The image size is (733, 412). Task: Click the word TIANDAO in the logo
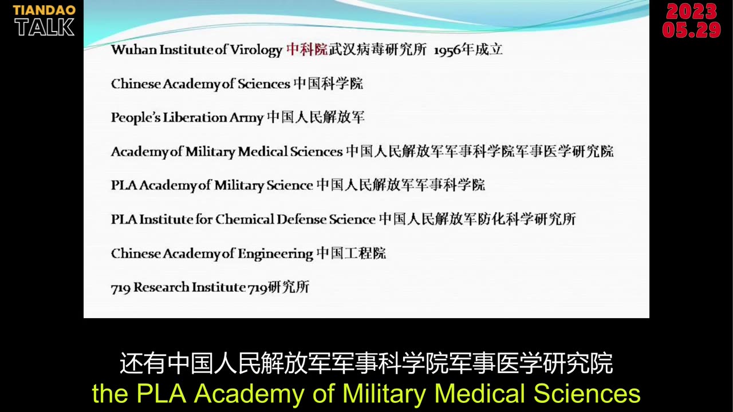tap(44, 10)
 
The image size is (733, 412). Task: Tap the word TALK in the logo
tap(45, 27)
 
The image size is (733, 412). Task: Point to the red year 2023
tap(691, 11)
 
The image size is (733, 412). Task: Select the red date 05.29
tap(691, 30)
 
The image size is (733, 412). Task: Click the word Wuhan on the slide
tap(134, 50)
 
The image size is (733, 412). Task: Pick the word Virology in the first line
tap(256, 50)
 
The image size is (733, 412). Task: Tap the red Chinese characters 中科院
tap(307, 50)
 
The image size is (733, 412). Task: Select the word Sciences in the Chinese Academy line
tap(264, 84)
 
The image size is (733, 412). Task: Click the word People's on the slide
tap(136, 118)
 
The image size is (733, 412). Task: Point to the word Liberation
tap(195, 117)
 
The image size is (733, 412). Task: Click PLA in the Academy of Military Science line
tap(124, 185)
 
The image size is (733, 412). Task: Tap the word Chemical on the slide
tap(245, 219)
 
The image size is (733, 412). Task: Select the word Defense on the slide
tap(301, 219)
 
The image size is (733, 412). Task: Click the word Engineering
tap(275, 254)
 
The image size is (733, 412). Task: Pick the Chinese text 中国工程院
tap(352, 253)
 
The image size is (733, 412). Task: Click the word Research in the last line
tap(161, 287)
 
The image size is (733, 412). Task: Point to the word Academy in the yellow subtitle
tap(249, 394)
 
